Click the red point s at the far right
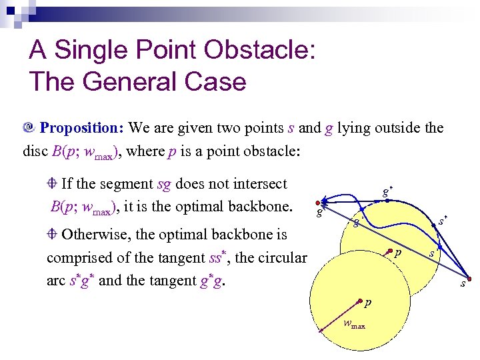tap(469, 279)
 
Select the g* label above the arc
tap(387, 191)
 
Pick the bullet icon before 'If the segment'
tap(53, 184)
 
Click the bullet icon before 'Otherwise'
tap(53, 234)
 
